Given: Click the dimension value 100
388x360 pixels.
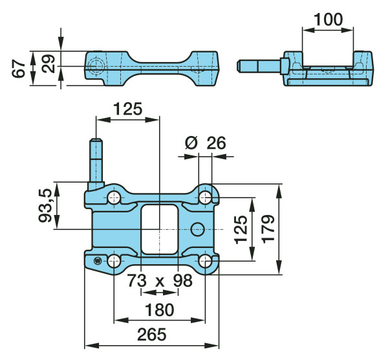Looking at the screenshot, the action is (329, 19).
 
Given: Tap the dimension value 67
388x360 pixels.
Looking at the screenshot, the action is (19, 69).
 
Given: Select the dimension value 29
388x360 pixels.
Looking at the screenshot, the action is (48, 63).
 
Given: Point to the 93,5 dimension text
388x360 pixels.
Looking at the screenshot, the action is (45, 205).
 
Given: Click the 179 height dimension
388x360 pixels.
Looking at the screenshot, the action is (268, 229).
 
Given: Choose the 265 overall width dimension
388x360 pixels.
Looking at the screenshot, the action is (152, 334).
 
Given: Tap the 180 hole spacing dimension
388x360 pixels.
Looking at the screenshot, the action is (160, 309).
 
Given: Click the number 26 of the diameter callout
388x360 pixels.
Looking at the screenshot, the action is (216, 143).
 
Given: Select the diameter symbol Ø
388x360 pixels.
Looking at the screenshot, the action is (191, 143).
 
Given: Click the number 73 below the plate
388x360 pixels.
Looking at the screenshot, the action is (137, 281).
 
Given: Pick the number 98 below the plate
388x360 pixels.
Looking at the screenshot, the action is (182, 281).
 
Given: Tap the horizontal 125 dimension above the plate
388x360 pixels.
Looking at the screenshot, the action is (128, 109).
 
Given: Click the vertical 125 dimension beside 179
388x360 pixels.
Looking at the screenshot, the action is (241, 230).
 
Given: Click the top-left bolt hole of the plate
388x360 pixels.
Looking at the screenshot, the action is (114, 197).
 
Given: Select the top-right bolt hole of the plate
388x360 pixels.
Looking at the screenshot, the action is (206, 197).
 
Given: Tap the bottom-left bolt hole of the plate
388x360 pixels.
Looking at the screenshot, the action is (114, 261).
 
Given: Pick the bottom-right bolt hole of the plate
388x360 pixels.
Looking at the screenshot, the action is (206, 261).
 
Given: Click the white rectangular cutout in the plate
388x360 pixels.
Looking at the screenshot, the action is (160, 229).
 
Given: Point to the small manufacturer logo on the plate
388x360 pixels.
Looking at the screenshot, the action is (98, 260).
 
